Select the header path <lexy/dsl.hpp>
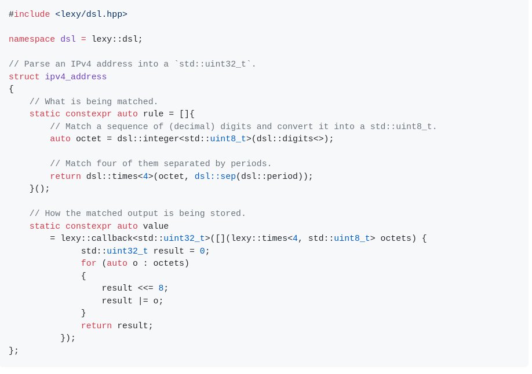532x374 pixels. [x=91, y=14]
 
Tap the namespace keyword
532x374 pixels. [x=32, y=39]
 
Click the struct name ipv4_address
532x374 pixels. [x=76, y=77]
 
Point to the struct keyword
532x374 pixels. [x=24, y=77]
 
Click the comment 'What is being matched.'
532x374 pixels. [x=94, y=102]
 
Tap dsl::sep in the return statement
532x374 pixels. [x=215, y=177]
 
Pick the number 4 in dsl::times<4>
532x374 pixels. [x=145, y=177]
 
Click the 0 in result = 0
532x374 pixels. [x=202, y=251]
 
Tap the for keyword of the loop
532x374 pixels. [x=89, y=263]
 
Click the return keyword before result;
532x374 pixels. [x=96, y=326]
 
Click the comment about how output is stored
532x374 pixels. [x=138, y=214]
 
